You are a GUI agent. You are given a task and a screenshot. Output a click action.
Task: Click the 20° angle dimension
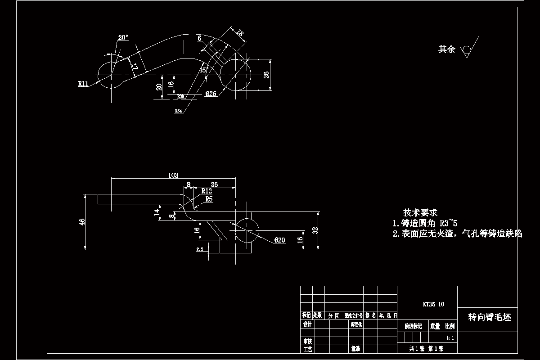coord(123,38)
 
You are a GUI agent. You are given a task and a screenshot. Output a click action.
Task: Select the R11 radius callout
coord(83,84)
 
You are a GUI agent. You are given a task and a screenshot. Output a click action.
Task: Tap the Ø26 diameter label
coord(211,94)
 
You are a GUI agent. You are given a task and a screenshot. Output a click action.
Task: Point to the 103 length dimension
coord(173,175)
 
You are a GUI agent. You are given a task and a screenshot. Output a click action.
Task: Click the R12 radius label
coord(207,191)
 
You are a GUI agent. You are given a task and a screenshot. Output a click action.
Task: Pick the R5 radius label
coord(209,198)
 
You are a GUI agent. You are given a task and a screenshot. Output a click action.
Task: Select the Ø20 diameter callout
coord(279,240)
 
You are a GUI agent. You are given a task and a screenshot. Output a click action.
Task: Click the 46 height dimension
coord(82,222)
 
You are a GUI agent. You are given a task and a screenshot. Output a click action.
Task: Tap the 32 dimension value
coord(315,230)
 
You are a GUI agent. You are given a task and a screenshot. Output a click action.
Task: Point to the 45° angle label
coord(202,70)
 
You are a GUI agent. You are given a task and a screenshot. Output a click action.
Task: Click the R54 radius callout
coord(179,111)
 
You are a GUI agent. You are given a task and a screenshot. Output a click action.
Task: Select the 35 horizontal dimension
coord(214,184)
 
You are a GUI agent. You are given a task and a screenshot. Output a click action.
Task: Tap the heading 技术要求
coord(420,212)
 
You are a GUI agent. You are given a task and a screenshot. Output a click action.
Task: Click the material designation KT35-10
coord(433,304)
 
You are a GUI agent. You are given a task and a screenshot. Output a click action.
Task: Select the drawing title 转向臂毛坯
coord(490,317)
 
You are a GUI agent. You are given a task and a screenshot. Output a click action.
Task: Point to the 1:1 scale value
coord(450,337)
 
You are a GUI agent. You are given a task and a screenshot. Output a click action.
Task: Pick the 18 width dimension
coord(240,33)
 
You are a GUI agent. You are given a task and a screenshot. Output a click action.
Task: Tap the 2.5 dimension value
coord(200,248)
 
